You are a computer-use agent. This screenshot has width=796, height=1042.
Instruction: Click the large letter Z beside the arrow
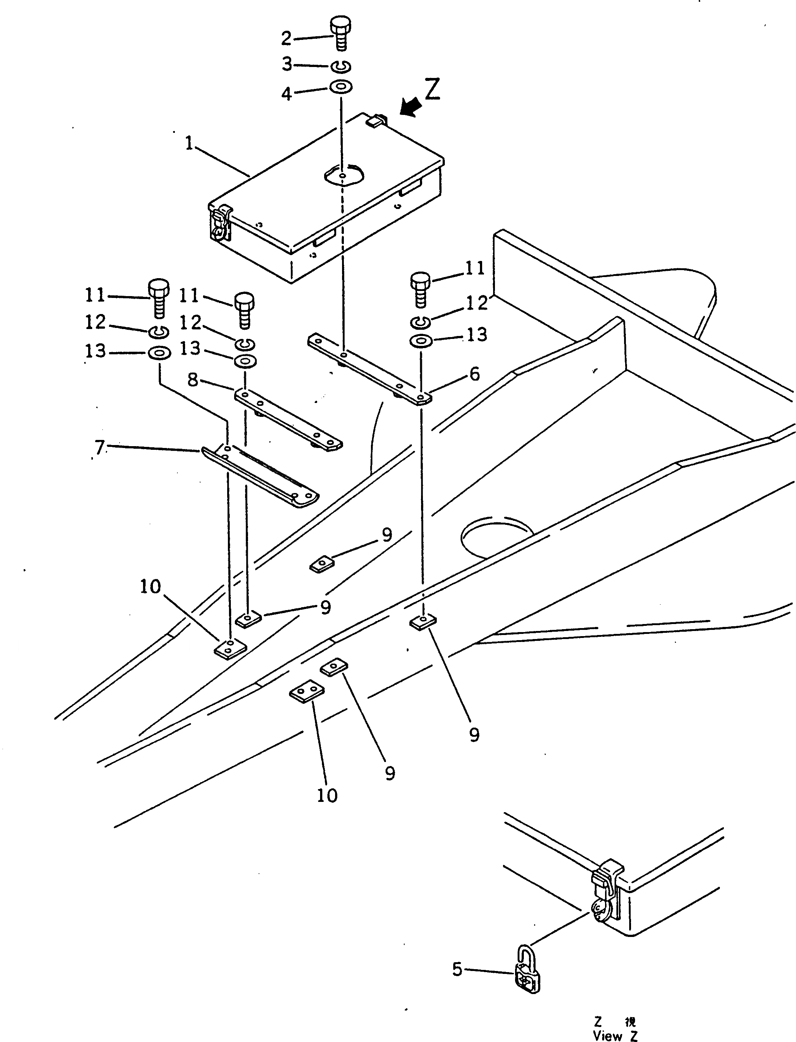point(432,89)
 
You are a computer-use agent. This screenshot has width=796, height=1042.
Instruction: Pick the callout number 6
point(475,374)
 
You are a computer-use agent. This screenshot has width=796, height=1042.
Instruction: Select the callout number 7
point(99,447)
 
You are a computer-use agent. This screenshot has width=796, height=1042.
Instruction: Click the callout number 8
point(192,379)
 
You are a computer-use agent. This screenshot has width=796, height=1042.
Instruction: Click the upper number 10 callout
point(151,587)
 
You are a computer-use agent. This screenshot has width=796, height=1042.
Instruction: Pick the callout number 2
point(286,38)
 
